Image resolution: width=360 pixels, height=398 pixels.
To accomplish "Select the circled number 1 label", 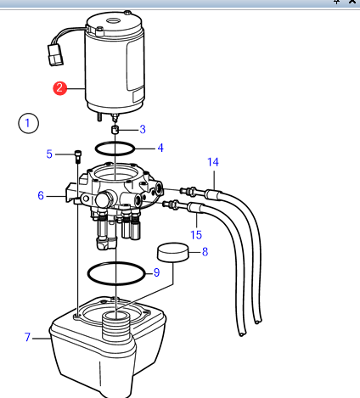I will tap(29, 123).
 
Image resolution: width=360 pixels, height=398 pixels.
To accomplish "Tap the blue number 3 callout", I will tap(143, 129).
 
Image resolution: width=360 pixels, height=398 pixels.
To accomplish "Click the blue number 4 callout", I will tap(160, 147).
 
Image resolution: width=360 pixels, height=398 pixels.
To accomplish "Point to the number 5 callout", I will tap(49, 154).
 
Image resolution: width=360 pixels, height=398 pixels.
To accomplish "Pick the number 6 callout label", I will tap(40, 195).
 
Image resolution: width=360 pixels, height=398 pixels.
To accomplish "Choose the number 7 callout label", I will tap(27, 338).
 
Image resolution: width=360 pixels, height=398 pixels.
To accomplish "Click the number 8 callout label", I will tap(204, 251).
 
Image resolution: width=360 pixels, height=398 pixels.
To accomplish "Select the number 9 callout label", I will tap(155, 272).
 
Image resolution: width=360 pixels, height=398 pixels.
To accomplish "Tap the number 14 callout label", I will tap(212, 161).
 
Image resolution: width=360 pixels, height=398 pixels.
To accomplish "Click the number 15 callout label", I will tap(196, 234).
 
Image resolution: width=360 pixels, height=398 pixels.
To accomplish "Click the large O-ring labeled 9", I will tap(116, 274).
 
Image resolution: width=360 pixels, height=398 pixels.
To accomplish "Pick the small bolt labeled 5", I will tap(78, 156).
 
